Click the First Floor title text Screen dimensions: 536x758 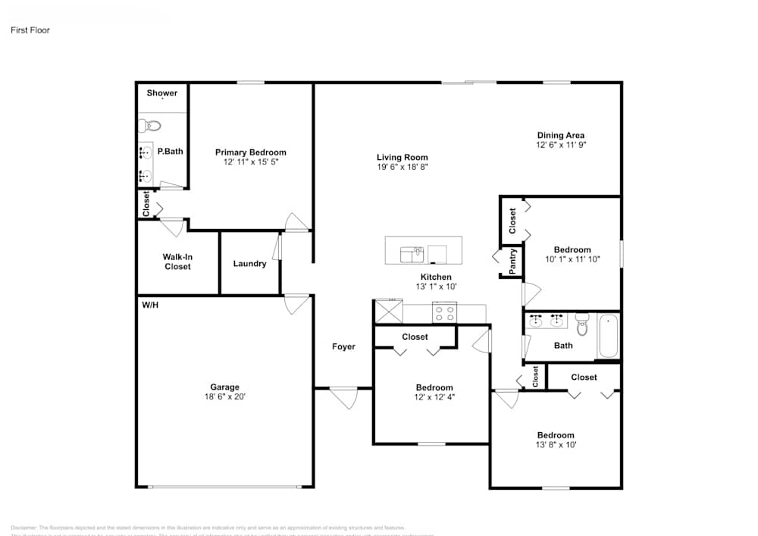30,30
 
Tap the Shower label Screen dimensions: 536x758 162,93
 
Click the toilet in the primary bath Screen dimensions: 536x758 149,125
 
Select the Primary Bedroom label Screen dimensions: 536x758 250,152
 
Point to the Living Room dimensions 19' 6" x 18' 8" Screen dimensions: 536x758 402,167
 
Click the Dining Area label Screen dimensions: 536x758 560,136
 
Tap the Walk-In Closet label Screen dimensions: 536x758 177,262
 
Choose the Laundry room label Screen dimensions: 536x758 249,264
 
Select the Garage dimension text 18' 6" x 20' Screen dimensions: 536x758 224,397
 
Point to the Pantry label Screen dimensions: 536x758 513,260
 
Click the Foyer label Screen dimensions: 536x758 343,346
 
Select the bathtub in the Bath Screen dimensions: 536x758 609,337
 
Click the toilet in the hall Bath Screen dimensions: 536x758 582,325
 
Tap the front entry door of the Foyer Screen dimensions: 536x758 343,396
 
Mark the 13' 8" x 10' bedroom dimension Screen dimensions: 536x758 556,445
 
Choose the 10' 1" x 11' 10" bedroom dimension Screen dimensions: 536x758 572,259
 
